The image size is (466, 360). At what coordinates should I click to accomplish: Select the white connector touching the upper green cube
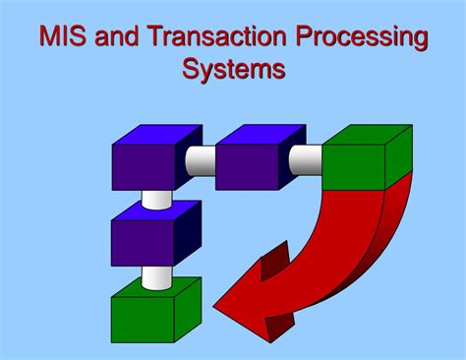tap(307, 155)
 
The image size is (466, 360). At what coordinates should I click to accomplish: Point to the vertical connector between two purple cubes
tap(156, 200)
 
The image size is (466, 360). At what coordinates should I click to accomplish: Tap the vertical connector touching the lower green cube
tap(156, 276)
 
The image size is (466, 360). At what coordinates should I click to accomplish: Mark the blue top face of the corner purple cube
tap(152, 136)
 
